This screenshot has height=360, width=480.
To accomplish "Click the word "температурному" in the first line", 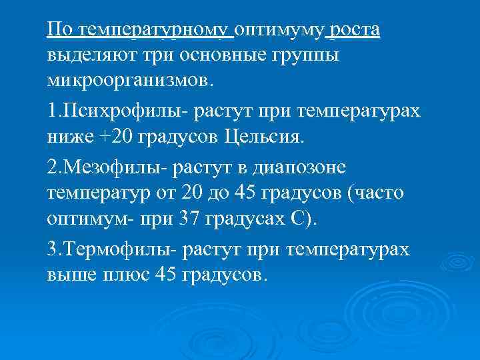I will pyautogui.click(x=155, y=30).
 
